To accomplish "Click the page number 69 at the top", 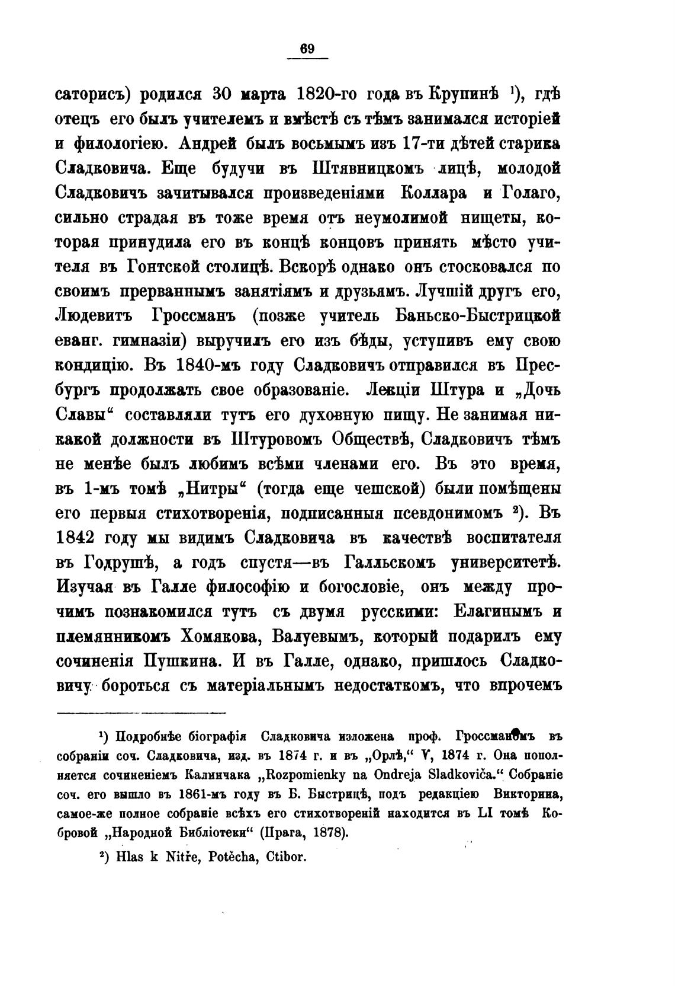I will (307, 49).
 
